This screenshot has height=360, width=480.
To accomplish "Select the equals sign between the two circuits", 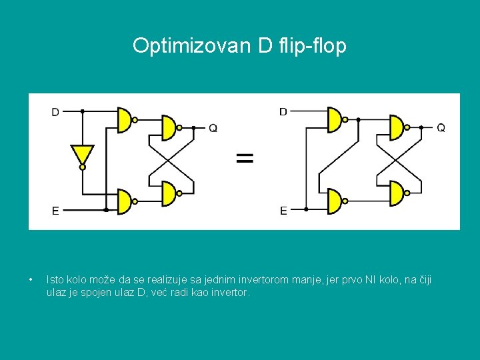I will pyautogui.click(x=245, y=158).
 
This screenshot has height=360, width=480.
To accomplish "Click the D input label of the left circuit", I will pyautogui.click(x=55, y=112).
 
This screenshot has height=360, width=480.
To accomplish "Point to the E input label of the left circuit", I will pyautogui.click(x=55, y=211).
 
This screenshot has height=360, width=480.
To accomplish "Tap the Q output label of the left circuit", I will pyautogui.click(x=213, y=128).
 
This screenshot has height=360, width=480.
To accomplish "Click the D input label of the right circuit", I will pyautogui.click(x=283, y=112).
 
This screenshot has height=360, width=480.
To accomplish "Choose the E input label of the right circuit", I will pyautogui.click(x=283, y=211).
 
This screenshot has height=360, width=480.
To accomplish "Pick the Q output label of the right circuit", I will pyautogui.click(x=441, y=127).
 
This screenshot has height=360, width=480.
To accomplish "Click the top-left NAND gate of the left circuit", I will pyautogui.click(x=124, y=120).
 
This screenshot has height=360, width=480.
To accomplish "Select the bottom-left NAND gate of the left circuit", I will pyautogui.click(x=124, y=201).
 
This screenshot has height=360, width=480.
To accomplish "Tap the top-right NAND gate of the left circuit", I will pyautogui.click(x=168, y=127).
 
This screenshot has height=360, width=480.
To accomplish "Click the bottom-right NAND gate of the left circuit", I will pyautogui.click(x=168, y=194).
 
